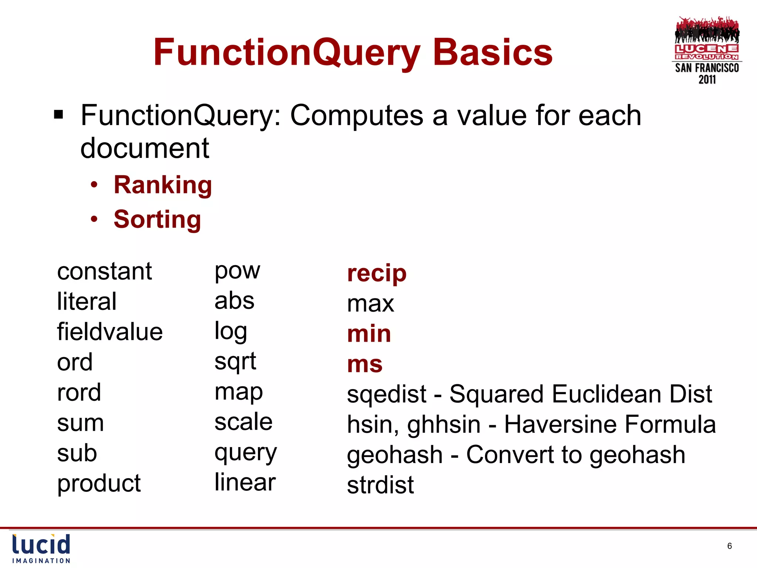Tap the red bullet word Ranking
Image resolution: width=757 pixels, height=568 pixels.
[x=163, y=185]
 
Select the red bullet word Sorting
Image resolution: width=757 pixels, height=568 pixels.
[x=157, y=219]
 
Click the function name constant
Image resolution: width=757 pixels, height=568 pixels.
[x=104, y=271]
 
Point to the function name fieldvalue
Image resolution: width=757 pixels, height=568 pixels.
[x=110, y=332]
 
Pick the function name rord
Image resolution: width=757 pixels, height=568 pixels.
[x=79, y=392]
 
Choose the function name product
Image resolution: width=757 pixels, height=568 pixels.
[x=99, y=483]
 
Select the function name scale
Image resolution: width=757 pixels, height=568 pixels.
[x=243, y=422]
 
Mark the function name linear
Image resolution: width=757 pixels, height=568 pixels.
[x=245, y=483]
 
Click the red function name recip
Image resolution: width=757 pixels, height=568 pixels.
[x=377, y=273]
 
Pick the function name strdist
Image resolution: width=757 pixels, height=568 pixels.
[x=380, y=485]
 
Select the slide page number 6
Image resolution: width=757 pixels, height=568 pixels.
[x=729, y=546]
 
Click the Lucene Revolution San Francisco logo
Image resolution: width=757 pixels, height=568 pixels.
[x=707, y=50]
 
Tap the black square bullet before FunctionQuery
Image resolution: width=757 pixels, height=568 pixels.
[x=58, y=115]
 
